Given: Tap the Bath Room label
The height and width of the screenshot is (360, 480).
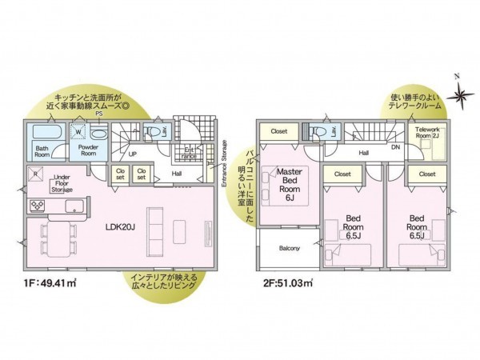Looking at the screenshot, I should point(43,151).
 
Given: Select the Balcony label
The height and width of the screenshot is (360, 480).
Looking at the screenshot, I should point(290,249).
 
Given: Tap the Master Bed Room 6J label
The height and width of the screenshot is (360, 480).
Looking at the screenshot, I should point(288,183).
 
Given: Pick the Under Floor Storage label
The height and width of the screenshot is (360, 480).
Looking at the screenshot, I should point(63,184).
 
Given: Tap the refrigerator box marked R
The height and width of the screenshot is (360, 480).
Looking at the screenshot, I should point(34,173).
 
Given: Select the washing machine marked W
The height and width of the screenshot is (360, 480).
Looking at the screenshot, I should point(78,134).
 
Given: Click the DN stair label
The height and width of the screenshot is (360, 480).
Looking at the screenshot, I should point(395,146).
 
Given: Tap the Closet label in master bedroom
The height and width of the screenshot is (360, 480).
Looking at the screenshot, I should point(279,131).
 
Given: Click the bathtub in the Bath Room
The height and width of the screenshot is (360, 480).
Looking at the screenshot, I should point(43,133).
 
